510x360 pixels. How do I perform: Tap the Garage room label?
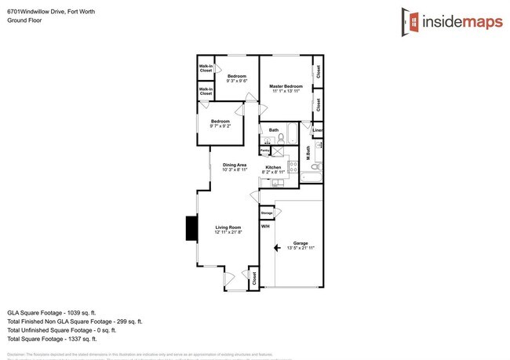(x=300, y=243)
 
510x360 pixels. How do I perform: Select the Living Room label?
(x=228, y=228)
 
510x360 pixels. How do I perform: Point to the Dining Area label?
(x=235, y=165)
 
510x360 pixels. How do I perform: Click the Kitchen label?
(x=273, y=168)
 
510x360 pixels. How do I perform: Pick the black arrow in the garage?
(x=276, y=248)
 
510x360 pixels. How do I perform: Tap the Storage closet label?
(x=267, y=213)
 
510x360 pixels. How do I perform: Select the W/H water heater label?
(x=265, y=227)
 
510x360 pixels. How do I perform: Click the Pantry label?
(x=265, y=149)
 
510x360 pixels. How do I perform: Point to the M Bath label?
(x=308, y=154)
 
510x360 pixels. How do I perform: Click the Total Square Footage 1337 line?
(x=52, y=339)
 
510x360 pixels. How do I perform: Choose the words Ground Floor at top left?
(x=26, y=21)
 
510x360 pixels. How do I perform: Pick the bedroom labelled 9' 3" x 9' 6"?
(x=237, y=78)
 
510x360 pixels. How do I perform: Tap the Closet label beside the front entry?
(x=253, y=277)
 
